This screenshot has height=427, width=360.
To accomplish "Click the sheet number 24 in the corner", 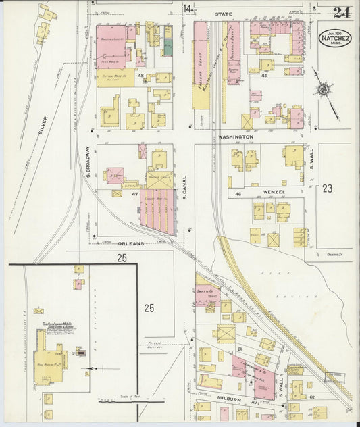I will (x=341, y=13).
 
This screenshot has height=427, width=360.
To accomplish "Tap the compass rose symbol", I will (x=324, y=89).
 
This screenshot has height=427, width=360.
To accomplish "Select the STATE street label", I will (x=223, y=13).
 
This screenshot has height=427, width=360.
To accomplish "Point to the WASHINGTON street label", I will (x=234, y=136).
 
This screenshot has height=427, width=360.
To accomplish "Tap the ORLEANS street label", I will (x=131, y=243).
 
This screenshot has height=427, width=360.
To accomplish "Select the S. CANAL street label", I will (x=184, y=188).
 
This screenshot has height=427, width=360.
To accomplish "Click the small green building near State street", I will (x=168, y=48).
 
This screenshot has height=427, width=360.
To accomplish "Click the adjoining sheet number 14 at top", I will (x=187, y=8).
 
